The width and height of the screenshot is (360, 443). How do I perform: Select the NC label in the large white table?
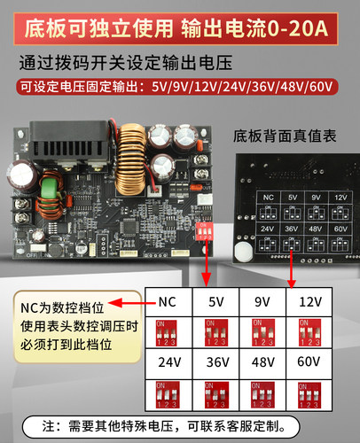[166, 301]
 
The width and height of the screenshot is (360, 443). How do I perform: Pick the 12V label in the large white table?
[309, 301]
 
